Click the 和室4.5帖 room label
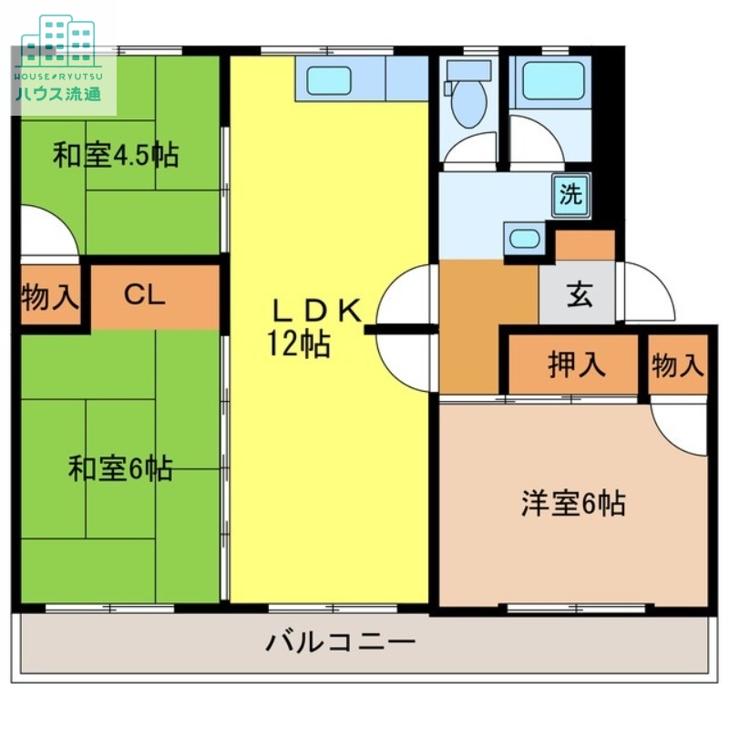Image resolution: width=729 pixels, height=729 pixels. tap(115, 155)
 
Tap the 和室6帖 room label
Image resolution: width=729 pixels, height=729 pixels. tap(120, 469)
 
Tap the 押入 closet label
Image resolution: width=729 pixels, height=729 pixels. tap(576, 364)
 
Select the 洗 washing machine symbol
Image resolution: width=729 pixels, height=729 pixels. tap(570, 194)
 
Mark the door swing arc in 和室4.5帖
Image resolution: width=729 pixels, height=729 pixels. tap(46, 232)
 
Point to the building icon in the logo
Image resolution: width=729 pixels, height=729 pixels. tap(59, 36)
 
